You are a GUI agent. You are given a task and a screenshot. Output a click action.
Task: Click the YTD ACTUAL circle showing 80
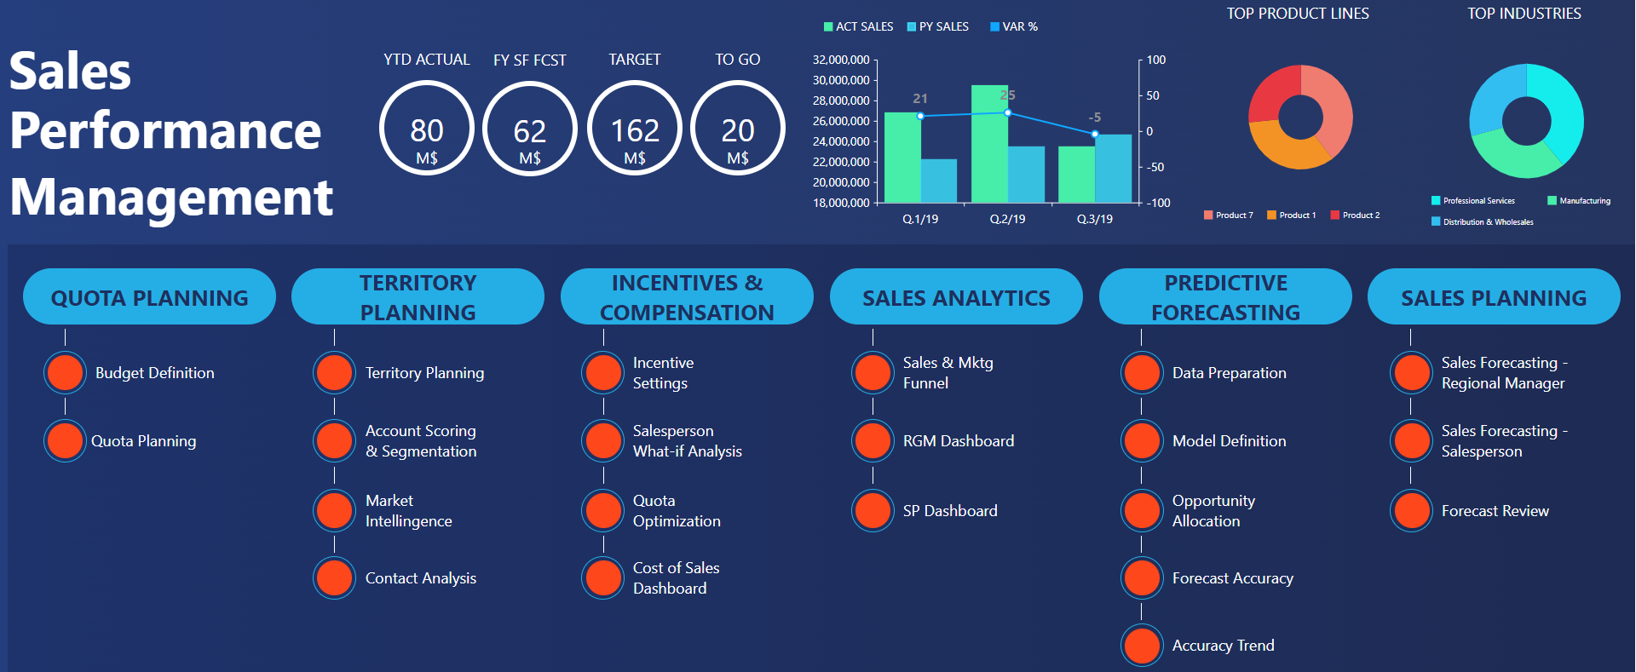[x=426, y=129]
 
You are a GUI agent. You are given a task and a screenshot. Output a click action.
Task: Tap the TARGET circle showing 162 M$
[x=635, y=129]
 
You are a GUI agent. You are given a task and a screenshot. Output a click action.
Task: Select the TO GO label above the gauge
[x=737, y=60]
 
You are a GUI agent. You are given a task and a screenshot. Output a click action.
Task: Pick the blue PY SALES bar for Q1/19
[x=939, y=181]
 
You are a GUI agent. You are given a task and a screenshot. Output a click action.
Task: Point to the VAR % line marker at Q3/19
[x=1095, y=134]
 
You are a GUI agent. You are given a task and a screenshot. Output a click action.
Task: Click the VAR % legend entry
[x=1014, y=26]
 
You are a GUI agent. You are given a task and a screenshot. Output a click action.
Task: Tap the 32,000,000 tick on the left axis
[x=841, y=60]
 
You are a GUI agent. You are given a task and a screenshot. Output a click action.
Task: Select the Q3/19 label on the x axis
[x=1095, y=219]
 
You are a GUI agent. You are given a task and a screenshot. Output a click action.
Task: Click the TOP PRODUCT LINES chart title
[x=1298, y=14]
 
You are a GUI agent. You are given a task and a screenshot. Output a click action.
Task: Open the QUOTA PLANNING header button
[x=149, y=297]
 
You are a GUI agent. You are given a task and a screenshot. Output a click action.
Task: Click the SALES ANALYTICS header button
[x=956, y=297]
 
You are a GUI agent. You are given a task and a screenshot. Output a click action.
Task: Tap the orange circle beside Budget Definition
[x=65, y=373]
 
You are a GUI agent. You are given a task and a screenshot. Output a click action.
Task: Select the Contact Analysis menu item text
[x=420, y=578]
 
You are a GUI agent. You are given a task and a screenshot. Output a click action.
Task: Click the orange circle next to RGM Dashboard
[x=873, y=441]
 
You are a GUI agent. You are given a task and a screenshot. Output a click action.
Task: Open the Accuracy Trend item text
[x=1223, y=646]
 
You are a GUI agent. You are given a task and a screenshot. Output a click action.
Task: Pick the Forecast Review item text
[x=1495, y=511]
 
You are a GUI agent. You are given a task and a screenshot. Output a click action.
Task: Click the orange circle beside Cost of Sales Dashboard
[x=603, y=578]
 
